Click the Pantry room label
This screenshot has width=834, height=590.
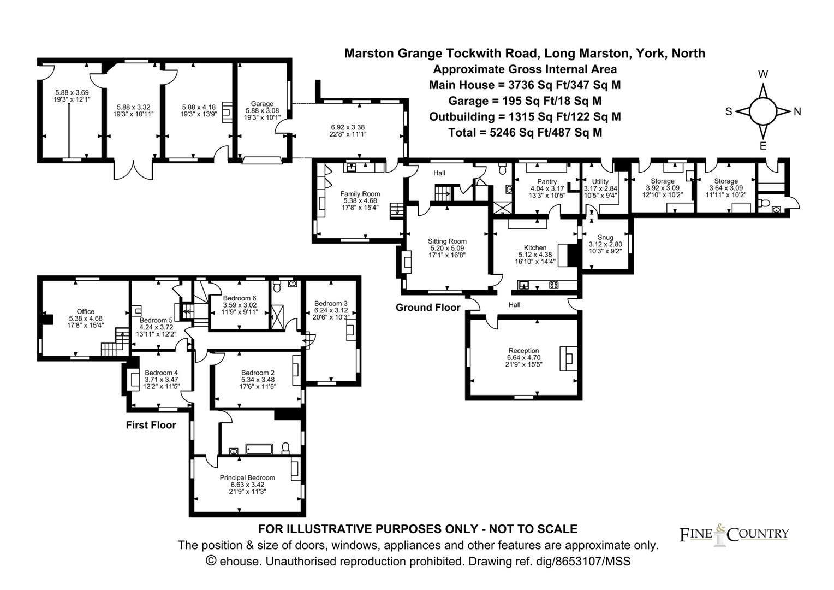[546, 182]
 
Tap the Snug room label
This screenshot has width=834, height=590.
[605, 237]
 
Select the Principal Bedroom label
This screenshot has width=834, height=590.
[247, 477]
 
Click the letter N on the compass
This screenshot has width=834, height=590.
[797, 111]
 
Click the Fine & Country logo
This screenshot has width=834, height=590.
[734, 534]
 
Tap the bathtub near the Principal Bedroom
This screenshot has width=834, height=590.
[259, 449]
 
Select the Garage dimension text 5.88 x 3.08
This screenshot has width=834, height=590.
[262, 110]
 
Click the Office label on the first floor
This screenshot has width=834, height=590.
[85, 311]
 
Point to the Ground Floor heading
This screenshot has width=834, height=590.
[428, 308]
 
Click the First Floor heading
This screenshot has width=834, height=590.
[151, 425]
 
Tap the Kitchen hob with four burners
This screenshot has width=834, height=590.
[553, 285]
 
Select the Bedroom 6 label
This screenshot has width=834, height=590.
[239, 298]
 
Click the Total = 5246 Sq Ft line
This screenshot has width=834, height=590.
[525, 132]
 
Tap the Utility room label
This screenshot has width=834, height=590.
[600, 182]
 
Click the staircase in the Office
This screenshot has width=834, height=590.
[111, 349]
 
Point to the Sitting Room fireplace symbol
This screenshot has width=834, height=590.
[407, 261]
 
